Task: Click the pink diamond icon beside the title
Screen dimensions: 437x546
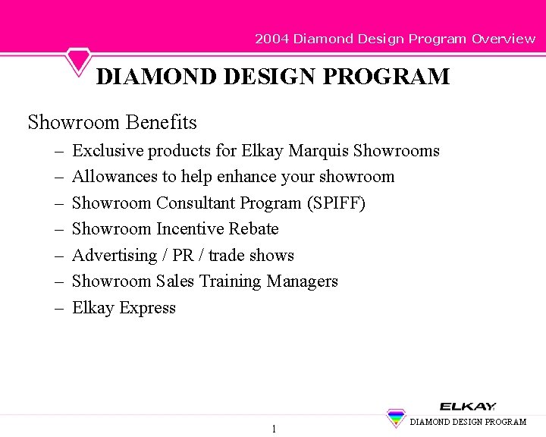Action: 78,61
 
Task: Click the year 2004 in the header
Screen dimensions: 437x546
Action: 271,39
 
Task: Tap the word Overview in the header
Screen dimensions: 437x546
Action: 504,39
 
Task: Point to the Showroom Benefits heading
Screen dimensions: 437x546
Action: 112,122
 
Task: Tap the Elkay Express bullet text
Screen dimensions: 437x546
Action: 124,308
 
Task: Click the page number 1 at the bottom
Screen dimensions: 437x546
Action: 274,429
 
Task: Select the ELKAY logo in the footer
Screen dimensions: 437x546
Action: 468,407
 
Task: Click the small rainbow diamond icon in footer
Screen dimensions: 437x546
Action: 396,418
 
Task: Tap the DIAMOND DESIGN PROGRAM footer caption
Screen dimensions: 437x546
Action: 468,422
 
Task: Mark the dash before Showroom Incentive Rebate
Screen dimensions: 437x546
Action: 58,229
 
